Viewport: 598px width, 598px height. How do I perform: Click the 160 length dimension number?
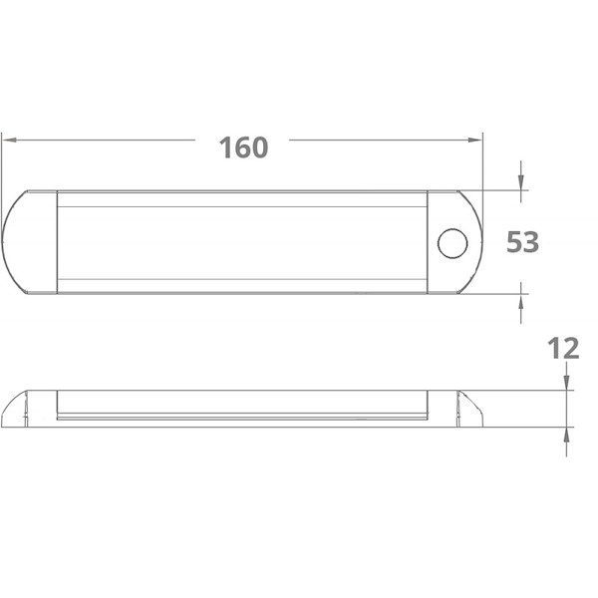pos(243,148)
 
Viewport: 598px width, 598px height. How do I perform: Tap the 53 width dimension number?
pos(522,242)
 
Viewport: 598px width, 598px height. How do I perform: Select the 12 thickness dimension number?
pos(563,348)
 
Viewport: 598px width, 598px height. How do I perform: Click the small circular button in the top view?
pos(452,243)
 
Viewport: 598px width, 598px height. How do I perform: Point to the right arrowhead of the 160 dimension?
pos(475,140)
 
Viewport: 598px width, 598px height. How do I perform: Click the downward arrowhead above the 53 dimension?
pos(521,182)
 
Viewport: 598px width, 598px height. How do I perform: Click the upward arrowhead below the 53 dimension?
pos(521,302)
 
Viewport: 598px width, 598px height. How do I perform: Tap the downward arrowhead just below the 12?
pos(566,383)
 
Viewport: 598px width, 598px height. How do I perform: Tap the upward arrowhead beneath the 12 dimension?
pos(566,435)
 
